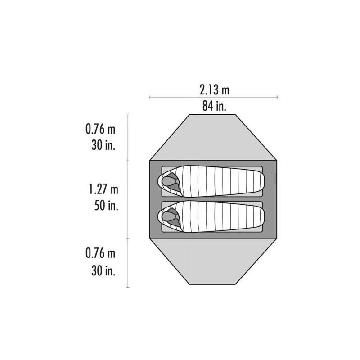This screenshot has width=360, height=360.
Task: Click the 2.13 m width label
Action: [214, 90]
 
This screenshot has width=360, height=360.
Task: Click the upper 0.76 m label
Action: [100, 130]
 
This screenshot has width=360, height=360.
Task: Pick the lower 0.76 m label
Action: [100, 253]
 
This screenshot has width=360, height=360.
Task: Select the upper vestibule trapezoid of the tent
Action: [213, 137]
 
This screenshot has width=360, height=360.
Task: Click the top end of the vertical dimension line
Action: [129, 114]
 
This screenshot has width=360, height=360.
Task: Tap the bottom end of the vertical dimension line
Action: [129, 287]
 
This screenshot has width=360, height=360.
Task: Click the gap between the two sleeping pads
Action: [213, 199]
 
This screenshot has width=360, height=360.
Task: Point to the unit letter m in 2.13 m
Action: [225, 90]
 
